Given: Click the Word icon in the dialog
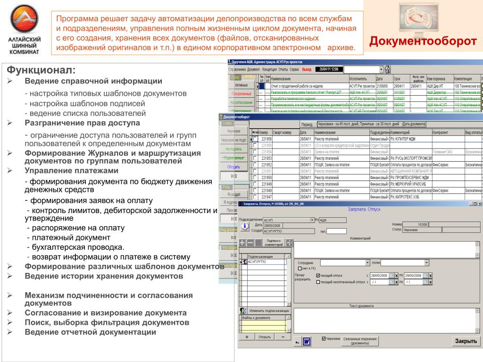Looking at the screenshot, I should [x=307, y=341].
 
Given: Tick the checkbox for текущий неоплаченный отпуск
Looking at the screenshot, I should [x=318, y=282].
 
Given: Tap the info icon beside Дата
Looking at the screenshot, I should [x=244, y=226].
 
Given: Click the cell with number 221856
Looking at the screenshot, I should [x=266, y=139].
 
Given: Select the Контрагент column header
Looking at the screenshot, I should [x=448, y=132].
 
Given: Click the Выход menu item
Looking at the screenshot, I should [x=307, y=69].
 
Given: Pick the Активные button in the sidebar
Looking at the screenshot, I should [x=241, y=85].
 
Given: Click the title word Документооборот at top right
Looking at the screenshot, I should [x=423, y=41].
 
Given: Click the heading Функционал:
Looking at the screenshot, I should [x=41, y=70].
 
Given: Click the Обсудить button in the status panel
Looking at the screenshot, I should [x=233, y=166].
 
